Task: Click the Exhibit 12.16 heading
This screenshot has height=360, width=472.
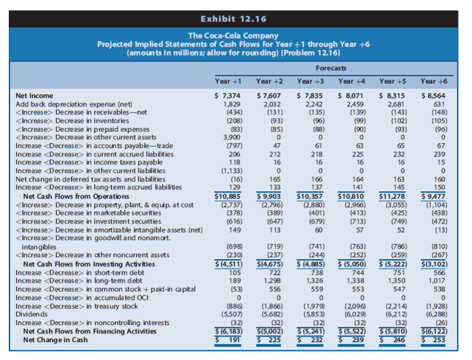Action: tap(235, 18)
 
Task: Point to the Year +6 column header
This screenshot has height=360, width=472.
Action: tap(433, 81)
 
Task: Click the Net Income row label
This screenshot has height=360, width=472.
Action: tap(35, 95)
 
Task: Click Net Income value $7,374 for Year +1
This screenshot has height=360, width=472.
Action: tap(228, 95)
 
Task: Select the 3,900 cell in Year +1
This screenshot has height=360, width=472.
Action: tap(231, 136)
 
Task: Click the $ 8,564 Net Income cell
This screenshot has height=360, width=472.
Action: tap(434, 95)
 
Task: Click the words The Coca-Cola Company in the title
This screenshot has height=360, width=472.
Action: tap(235, 36)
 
